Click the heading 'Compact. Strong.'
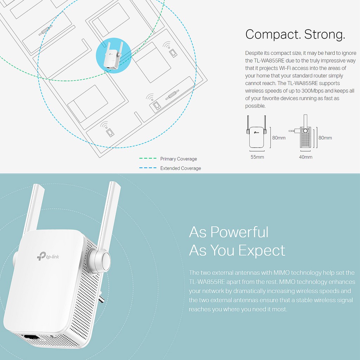coord(295,34)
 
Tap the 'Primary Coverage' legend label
coord(179,159)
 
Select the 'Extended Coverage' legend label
coord(181,168)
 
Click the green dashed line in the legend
coord(148,159)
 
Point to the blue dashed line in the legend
coord(148,168)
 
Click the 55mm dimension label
coord(257,157)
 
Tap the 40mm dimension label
coord(306,157)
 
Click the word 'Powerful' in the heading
coord(239,232)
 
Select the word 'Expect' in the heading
coord(262,250)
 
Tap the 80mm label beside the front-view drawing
coord(279,138)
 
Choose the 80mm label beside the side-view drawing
coord(325,138)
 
